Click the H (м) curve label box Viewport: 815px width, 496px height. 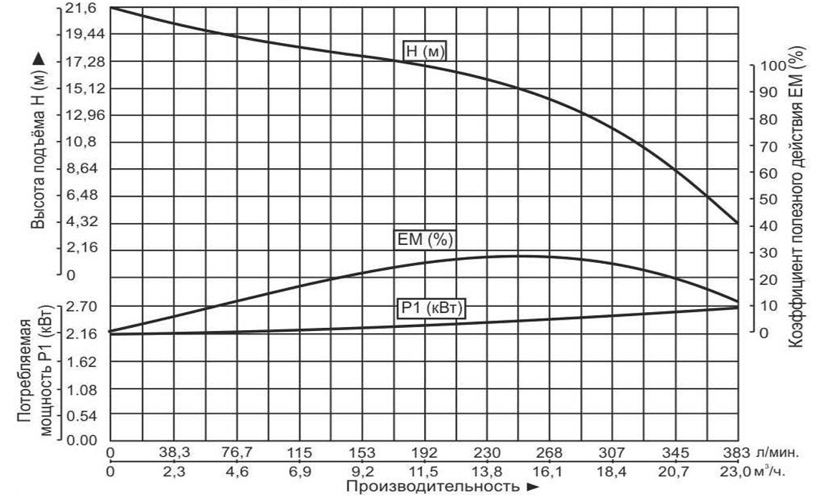click(x=425, y=51)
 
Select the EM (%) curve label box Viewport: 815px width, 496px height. click(x=425, y=240)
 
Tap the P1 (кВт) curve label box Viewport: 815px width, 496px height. click(x=432, y=308)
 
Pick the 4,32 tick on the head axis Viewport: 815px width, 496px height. click(x=82, y=222)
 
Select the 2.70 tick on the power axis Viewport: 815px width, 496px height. click(x=82, y=307)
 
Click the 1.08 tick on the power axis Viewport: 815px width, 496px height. click(x=82, y=389)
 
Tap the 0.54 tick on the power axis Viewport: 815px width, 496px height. click(x=82, y=416)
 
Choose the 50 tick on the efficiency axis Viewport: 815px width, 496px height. click(x=768, y=200)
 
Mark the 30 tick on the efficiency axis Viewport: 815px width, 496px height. click(x=768, y=253)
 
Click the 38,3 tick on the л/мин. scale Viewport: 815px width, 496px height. click(x=174, y=452)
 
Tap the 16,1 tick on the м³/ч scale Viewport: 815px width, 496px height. click(x=549, y=472)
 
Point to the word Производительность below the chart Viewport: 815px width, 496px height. click(x=432, y=487)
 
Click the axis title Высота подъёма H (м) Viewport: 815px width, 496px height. click(x=38, y=140)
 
